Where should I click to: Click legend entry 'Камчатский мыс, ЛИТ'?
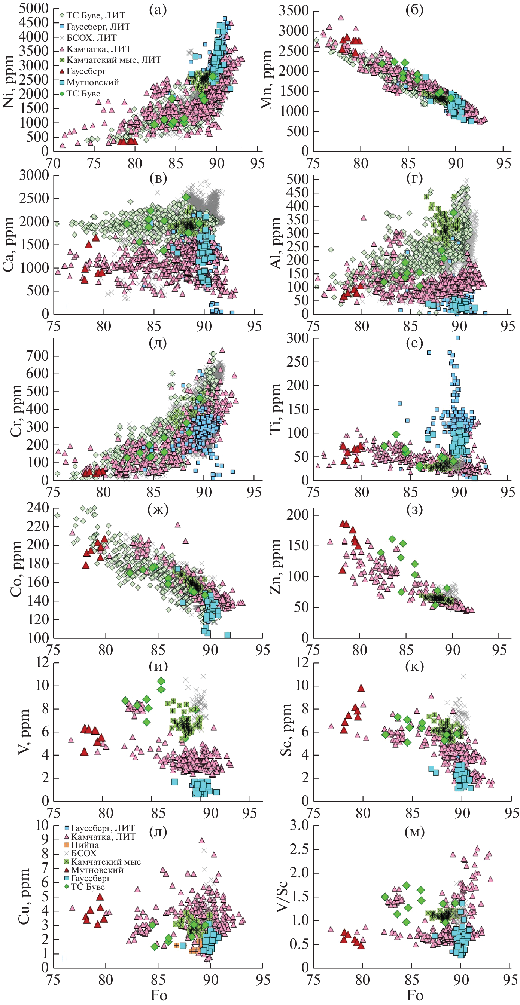click(x=113, y=60)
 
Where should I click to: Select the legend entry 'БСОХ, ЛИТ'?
click(x=91, y=38)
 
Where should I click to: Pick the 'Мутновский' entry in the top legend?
click(x=92, y=82)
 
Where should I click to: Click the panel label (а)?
click(x=158, y=10)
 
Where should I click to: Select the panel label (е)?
click(x=414, y=343)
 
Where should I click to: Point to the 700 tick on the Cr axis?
click(x=37, y=355)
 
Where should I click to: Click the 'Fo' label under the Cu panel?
click(x=159, y=995)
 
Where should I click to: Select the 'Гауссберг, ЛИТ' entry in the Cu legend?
click(x=103, y=828)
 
